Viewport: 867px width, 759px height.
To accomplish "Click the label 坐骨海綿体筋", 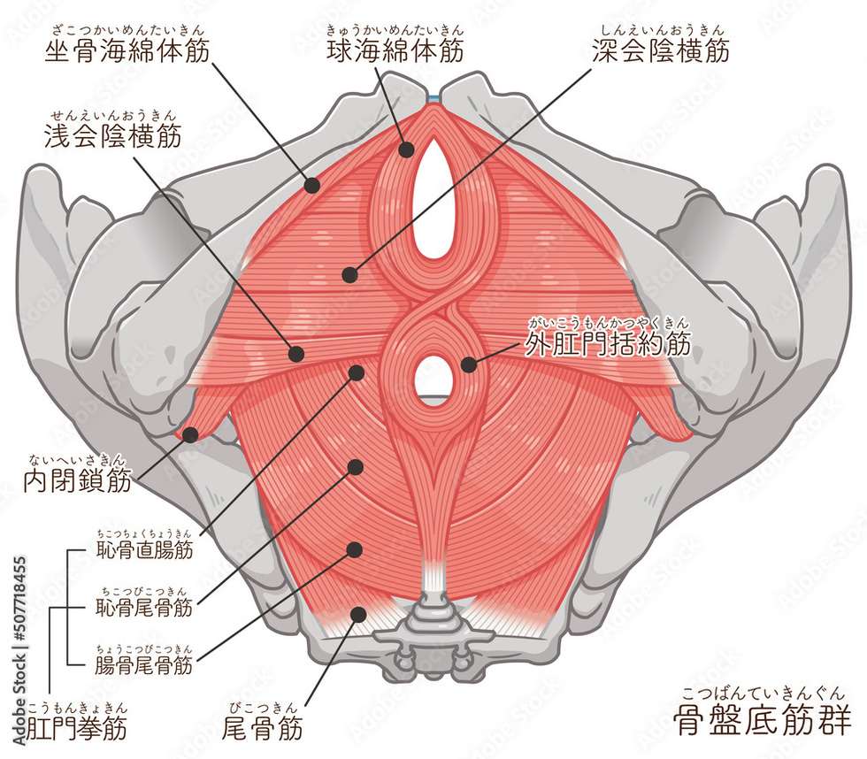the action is tap(127, 50).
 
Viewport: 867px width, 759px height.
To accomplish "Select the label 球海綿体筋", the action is tap(395, 50).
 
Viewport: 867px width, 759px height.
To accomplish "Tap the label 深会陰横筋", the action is tap(661, 50).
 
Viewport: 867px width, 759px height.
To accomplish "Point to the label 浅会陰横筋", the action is tap(113, 136).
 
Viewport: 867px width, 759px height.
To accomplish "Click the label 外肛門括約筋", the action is tap(608, 344).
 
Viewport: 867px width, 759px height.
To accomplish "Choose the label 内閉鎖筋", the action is tap(78, 480).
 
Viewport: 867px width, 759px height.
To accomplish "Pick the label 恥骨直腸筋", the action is tap(144, 550).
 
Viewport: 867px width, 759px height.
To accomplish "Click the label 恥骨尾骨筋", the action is tap(144, 608).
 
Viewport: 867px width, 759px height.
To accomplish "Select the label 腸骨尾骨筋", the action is tap(144, 665).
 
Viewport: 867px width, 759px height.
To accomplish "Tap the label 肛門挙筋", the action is tap(76, 727).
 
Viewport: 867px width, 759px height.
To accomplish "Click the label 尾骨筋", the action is tap(262, 727).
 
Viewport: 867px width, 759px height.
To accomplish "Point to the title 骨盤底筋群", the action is tap(763, 721).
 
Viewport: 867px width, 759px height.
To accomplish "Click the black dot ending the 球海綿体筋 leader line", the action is tap(406, 149).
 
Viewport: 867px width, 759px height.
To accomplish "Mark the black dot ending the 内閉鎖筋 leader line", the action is tap(190, 434).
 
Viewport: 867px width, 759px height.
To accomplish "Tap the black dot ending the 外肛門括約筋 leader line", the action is tap(469, 364).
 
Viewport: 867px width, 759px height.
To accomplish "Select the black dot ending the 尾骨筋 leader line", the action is tap(358, 614).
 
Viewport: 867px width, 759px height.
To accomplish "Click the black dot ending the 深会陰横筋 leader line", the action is tap(349, 275).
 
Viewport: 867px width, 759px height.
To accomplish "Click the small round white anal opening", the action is tap(433, 375).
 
